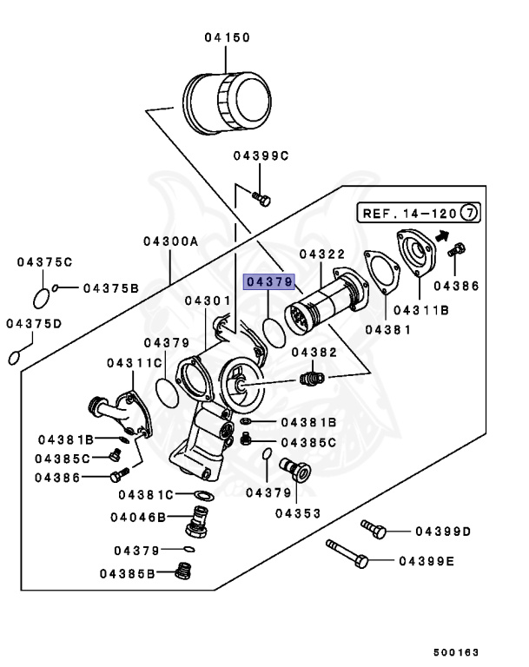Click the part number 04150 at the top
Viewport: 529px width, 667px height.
click(x=227, y=37)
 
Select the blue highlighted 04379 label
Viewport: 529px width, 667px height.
click(x=270, y=281)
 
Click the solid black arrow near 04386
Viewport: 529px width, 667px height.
click(x=443, y=234)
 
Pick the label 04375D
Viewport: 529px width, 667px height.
click(x=34, y=324)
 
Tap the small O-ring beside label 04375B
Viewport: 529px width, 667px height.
click(x=56, y=287)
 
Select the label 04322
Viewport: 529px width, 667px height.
click(x=322, y=254)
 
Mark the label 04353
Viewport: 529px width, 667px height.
click(x=297, y=512)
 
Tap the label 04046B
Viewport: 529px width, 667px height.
click(x=137, y=517)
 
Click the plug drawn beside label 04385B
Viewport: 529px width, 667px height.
click(x=182, y=571)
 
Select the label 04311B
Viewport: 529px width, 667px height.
click(x=421, y=309)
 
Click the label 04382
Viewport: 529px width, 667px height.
click(x=314, y=353)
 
